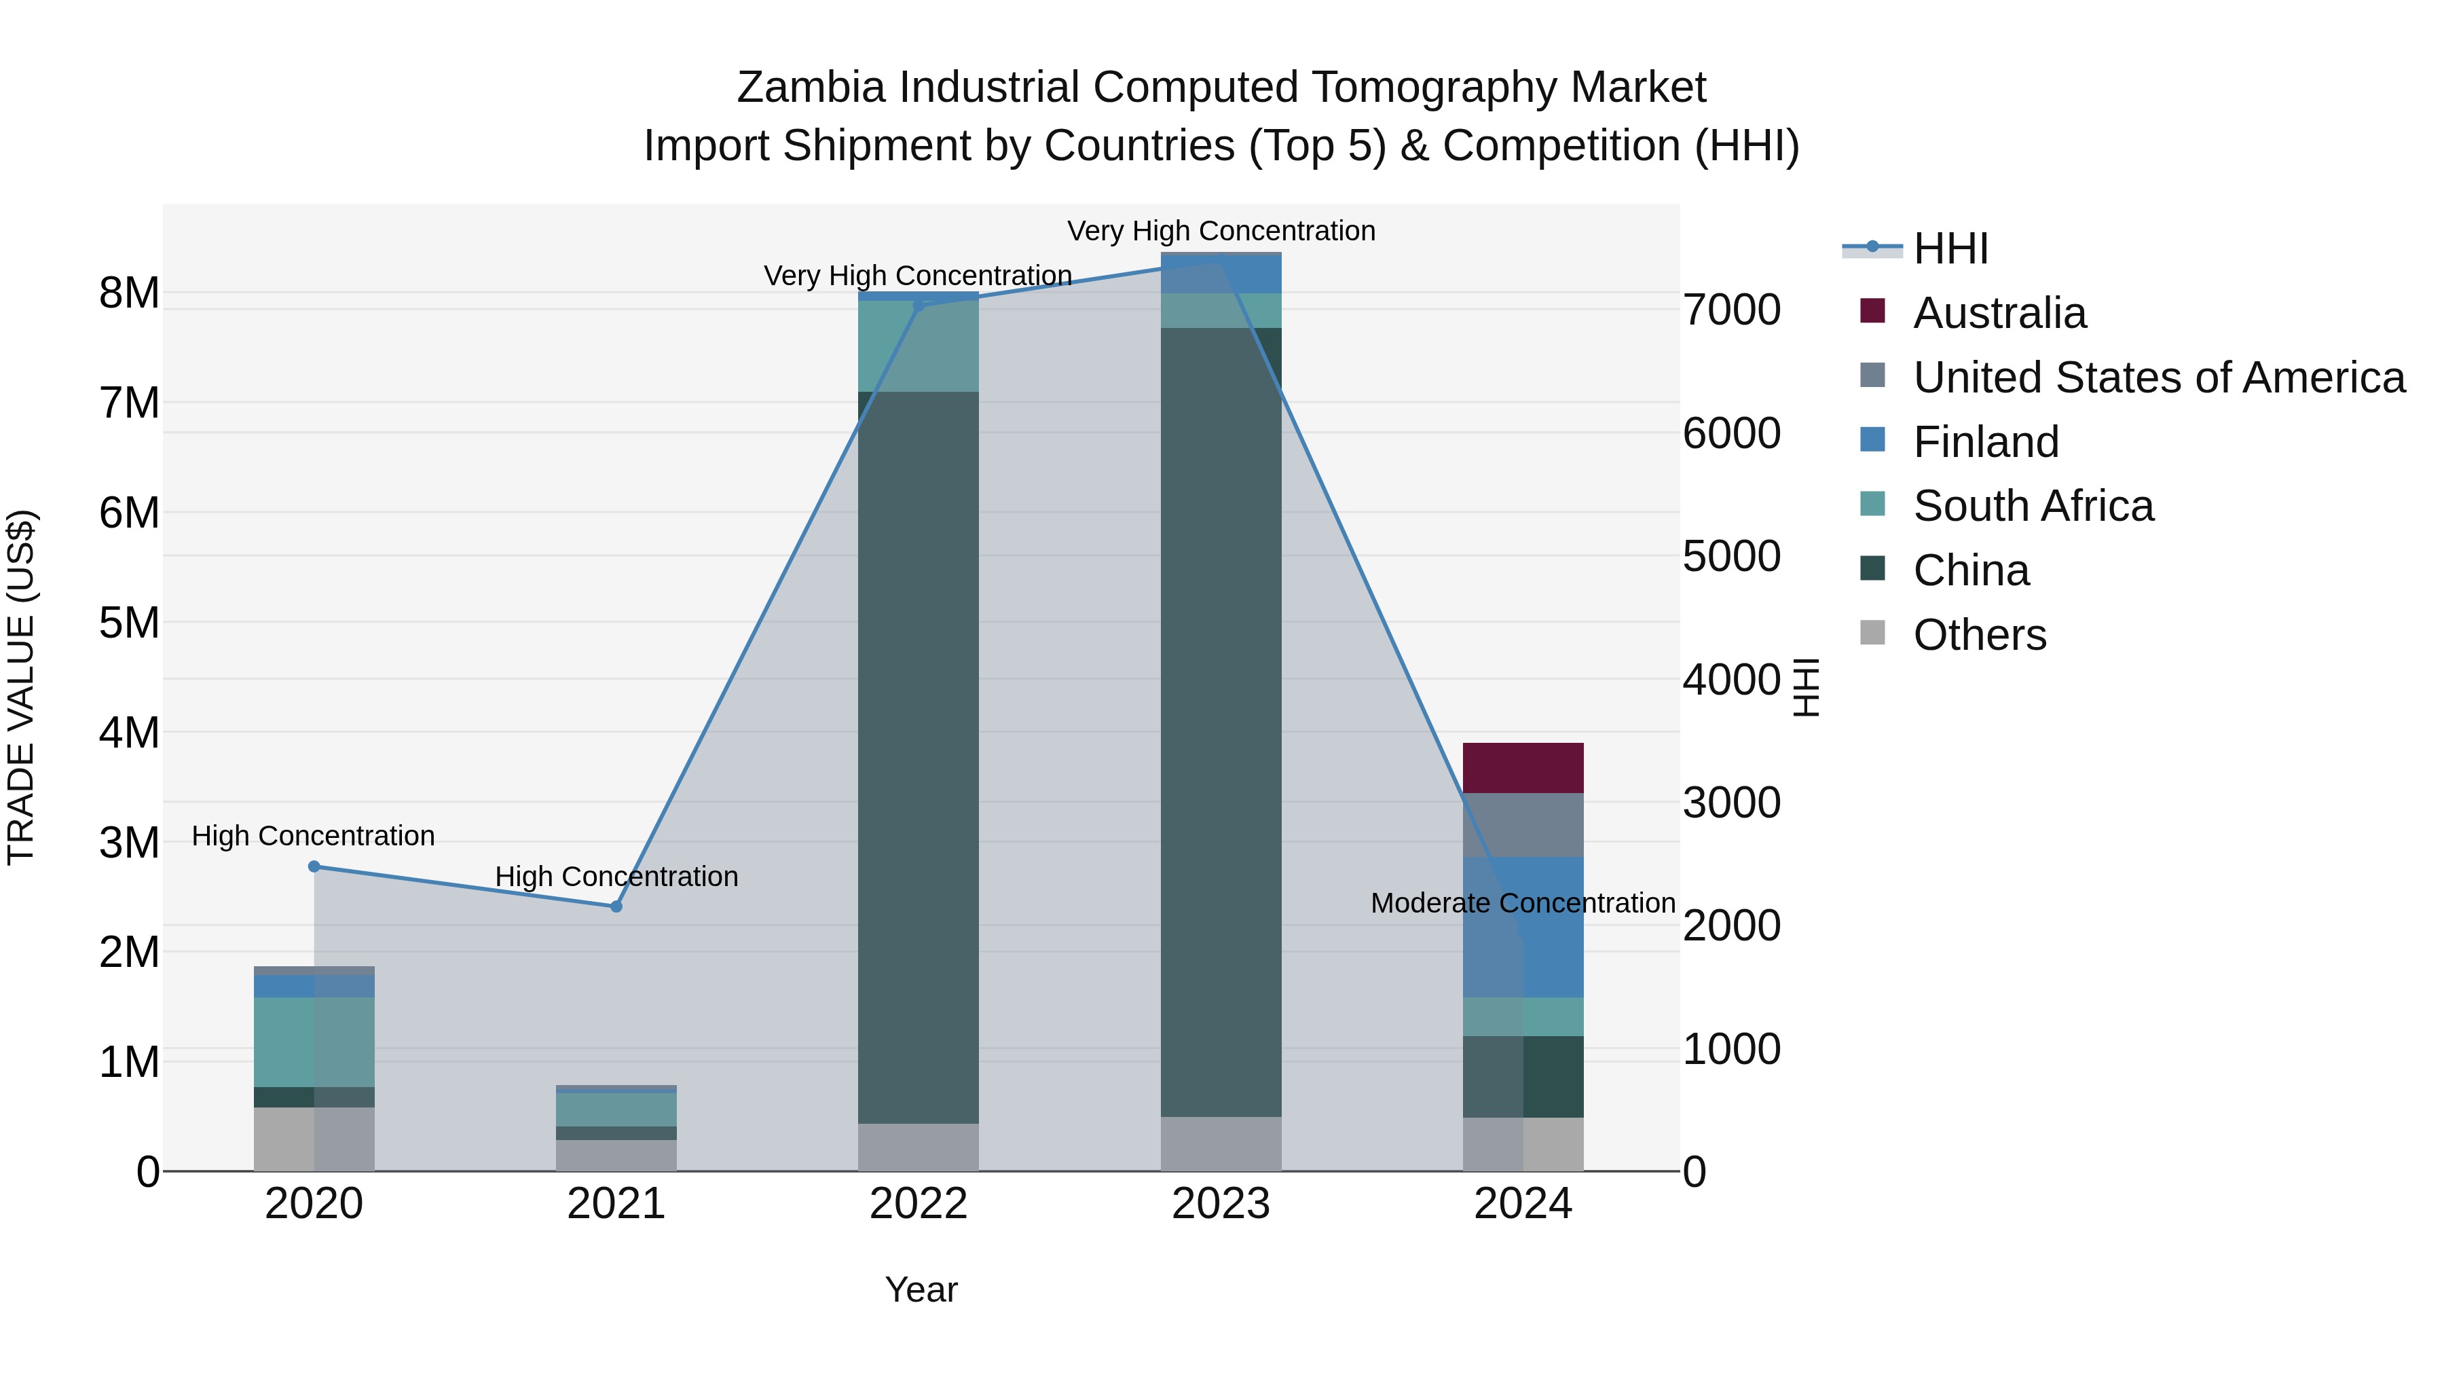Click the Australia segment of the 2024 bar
pos(1523,768)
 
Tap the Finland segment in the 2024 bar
pos(1523,926)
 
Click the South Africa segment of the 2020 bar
pos(314,1041)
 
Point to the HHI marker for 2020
pos(314,866)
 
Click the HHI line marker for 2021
pos(616,906)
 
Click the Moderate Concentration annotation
pos(1522,902)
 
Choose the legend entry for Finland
pos(1986,442)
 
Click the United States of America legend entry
pos(2158,378)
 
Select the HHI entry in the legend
pos(1950,249)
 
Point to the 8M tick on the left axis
pos(129,293)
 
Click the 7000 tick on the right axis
pos(1731,310)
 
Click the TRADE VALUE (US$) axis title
pos(21,687)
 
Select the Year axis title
pos(921,1289)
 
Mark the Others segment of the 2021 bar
pos(616,1155)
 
